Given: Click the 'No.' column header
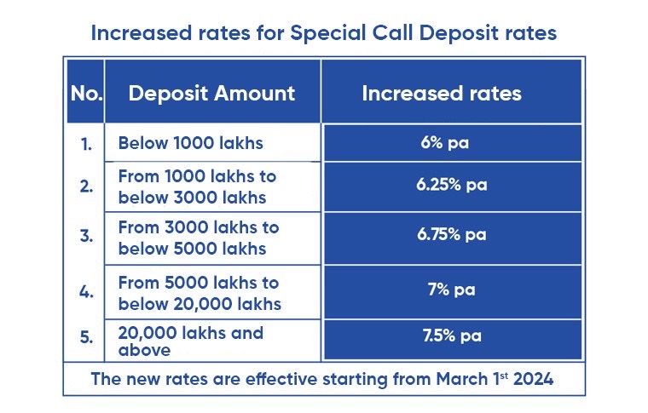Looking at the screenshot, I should tap(86, 93).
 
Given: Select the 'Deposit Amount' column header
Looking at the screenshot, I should tap(211, 93).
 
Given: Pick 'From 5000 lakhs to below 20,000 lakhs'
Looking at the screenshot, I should tap(199, 293).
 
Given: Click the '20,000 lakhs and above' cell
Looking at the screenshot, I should tap(190, 340).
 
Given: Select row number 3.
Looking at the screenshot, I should tap(86, 237).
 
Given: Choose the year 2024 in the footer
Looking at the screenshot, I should tap(535, 379).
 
